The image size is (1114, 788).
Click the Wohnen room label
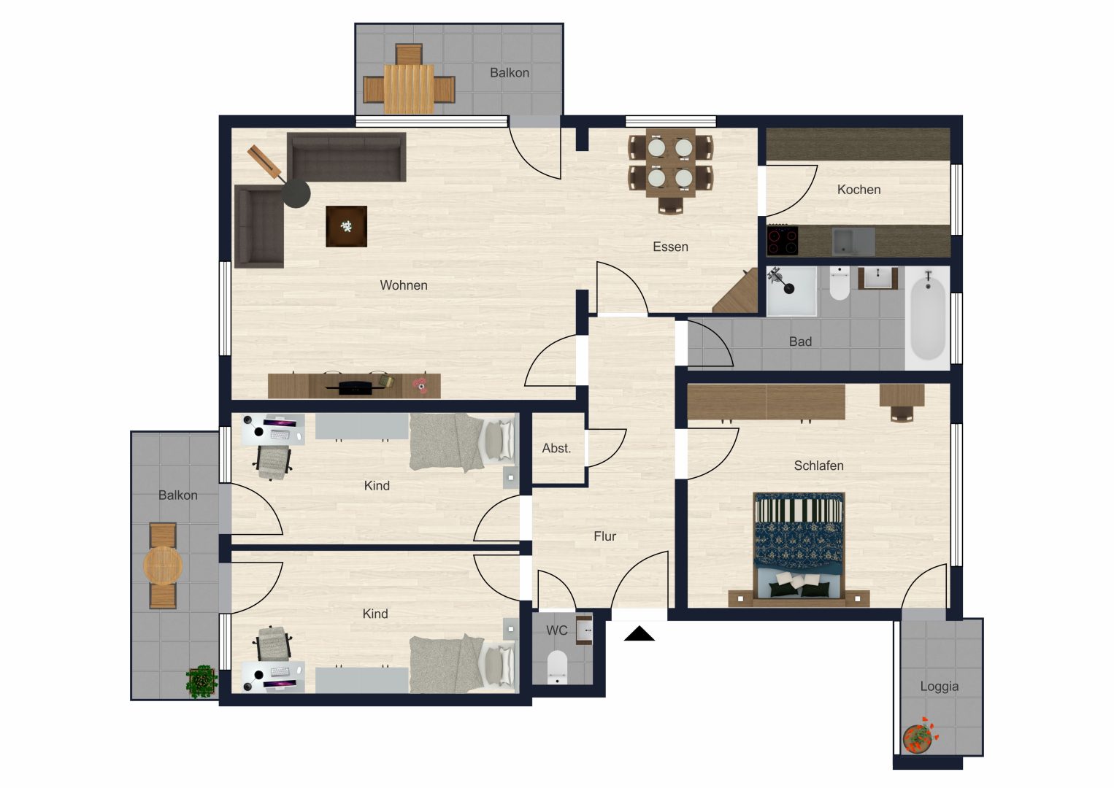(403, 285)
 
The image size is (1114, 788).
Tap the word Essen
(670, 247)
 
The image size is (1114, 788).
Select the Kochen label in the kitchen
(859, 190)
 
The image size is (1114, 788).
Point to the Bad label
(800, 341)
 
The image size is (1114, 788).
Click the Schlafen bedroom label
(818, 466)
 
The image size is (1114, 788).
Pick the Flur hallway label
(604, 536)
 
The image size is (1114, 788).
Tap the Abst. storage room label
(556, 449)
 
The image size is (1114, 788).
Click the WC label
(556, 630)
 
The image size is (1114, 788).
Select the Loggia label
(939, 687)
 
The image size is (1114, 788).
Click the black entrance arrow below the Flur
(639, 634)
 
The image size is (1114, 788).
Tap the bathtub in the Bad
(928, 318)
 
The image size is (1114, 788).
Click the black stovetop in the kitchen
(783, 241)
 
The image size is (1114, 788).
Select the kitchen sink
(853, 242)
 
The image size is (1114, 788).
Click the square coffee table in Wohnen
(347, 227)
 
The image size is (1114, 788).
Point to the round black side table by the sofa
(296, 193)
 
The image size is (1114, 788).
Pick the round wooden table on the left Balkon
(163, 565)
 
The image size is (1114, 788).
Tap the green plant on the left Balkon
(201, 681)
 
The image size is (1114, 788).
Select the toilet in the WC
(558, 668)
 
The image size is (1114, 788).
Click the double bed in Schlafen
(799, 549)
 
